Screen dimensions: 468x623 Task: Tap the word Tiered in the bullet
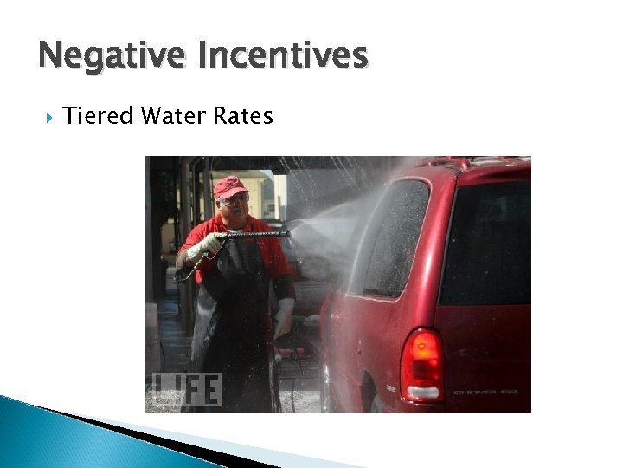pos(94,115)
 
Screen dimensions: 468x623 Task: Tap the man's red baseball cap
pos(229,186)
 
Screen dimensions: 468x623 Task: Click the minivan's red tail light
pos(421,364)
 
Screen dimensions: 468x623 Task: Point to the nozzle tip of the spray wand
pos(288,231)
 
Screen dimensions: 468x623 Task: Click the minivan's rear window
pos(487,243)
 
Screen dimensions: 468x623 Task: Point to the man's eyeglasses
pos(234,200)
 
